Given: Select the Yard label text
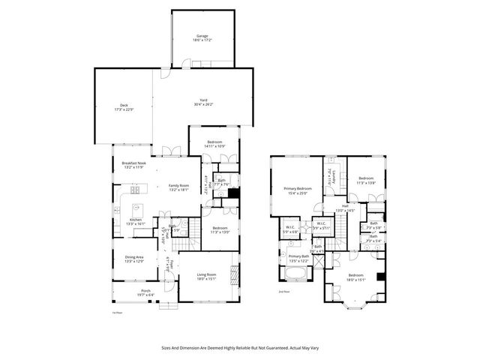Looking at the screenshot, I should click(x=202, y=101).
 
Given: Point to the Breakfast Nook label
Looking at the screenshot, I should click(x=133, y=165).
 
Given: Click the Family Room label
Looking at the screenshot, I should click(x=178, y=187).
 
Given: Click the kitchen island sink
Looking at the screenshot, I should click(x=137, y=208).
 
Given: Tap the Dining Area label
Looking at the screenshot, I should click(x=135, y=259).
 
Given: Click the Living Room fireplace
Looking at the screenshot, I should click(x=235, y=275).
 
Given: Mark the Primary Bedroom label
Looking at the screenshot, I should click(x=298, y=190).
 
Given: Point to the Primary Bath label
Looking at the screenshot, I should click(x=299, y=258).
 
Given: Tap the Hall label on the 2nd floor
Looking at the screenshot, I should click(x=345, y=208).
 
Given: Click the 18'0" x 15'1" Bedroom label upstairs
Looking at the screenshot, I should click(x=355, y=277).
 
